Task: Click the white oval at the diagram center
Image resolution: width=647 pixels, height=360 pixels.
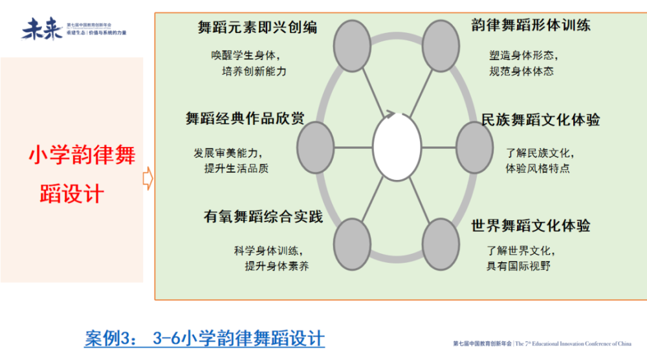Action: click(397, 147)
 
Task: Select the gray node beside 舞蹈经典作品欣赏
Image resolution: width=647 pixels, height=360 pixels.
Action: click(315, 147)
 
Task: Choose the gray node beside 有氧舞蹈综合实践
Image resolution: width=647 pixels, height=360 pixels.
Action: click(352, 244)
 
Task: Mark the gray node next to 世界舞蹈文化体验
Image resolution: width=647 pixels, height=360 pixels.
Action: click(441, 244)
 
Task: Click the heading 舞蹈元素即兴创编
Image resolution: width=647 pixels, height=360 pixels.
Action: click(258, 27)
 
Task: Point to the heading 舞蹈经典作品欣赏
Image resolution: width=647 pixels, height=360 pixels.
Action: click(245, 119)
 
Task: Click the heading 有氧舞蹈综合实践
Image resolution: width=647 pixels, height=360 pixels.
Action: click(263, 217)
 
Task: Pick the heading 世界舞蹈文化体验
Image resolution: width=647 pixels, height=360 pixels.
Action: click(531, 226)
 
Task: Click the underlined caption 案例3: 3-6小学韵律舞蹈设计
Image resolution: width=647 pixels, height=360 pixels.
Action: click(204, 338)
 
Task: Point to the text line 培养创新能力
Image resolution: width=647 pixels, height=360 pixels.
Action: click(254, 71)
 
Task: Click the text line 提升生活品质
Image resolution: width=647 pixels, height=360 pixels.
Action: click(236, 168)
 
